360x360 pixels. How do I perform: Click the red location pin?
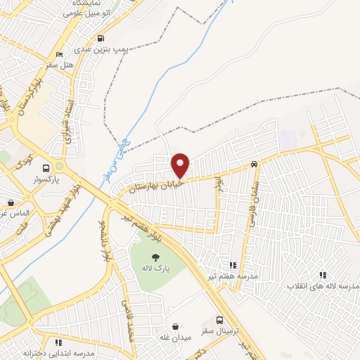(181, 165)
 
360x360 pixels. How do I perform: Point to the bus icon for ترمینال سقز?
(220, 320)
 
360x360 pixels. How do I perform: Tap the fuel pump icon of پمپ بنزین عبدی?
(103, 38)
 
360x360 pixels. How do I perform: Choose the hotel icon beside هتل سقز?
(59, 53)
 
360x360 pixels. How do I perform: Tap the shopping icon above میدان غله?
(176, 326)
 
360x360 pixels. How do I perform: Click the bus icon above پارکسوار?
(46, 168)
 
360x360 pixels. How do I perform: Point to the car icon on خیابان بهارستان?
(253, 164)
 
